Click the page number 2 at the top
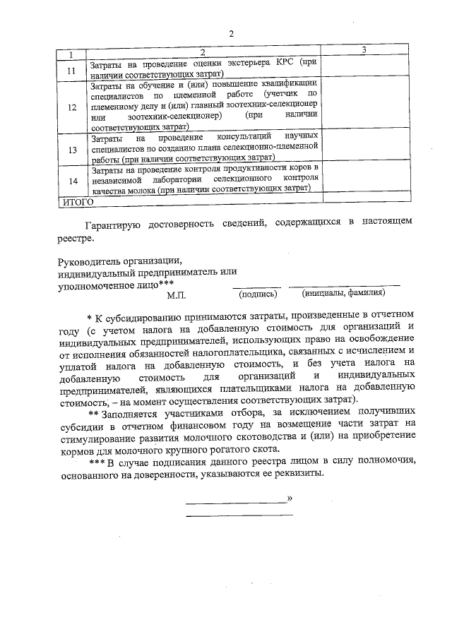(x=230, y=33)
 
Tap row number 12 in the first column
(x=71, y=108)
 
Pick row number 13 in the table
(x=71, y=150)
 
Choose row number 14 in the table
(x=71, y=181)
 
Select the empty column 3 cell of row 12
(x=363, y=108)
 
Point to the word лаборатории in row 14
(x=164, y=180)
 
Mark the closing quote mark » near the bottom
(x=290, y=500)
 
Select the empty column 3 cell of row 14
(x=363, y=181)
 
